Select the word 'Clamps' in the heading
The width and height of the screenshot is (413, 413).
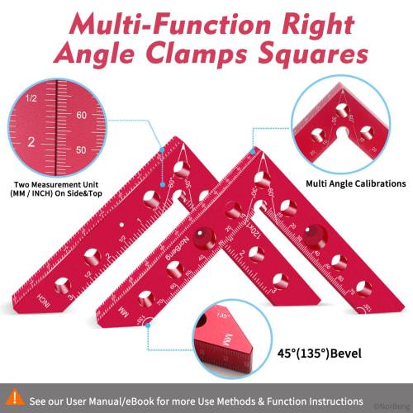(202, 55)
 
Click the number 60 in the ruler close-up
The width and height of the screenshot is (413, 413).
(81, 116)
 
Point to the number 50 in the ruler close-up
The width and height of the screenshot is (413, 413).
(81, 150)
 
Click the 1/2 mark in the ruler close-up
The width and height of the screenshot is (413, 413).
(31, 98)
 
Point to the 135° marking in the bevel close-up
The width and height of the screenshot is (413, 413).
(222, 316)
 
